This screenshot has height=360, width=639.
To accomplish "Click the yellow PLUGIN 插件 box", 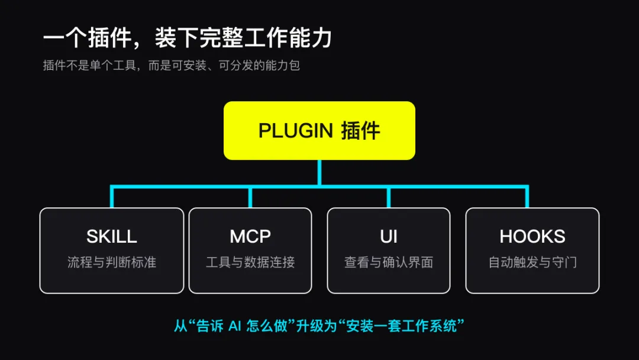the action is point(319,130).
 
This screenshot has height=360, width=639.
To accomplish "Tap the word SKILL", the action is point(112,236).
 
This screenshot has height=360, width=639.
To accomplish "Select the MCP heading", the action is point(250,236).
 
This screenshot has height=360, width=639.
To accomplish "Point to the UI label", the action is point(389,236).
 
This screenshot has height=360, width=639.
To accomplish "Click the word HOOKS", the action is point(532,236).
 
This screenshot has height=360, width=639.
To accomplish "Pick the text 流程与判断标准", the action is point(112,262).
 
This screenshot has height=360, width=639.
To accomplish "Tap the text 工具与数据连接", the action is point(250,262).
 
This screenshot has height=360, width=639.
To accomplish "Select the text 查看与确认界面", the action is point(389,262).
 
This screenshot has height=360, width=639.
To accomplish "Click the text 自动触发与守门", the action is point(532,262).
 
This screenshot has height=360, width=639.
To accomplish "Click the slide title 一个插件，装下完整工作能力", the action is point(188,38).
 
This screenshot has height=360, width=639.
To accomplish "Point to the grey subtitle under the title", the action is point(171,65).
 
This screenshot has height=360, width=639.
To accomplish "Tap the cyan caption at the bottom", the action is point(319,326).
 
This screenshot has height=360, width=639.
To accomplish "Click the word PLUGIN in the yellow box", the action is point(296,131).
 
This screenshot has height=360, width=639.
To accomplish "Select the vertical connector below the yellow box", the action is point(319,172).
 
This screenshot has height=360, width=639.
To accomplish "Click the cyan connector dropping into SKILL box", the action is point(112,197).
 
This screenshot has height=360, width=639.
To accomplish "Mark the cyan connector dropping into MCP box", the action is point(250,197).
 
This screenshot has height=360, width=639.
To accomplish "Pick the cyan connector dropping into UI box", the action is point(389,197).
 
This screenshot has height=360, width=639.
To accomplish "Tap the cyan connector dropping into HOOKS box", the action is point(527,197).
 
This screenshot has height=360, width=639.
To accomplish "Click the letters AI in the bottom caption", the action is point(235,326).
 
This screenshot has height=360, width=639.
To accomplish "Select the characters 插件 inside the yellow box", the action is point(360,131).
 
